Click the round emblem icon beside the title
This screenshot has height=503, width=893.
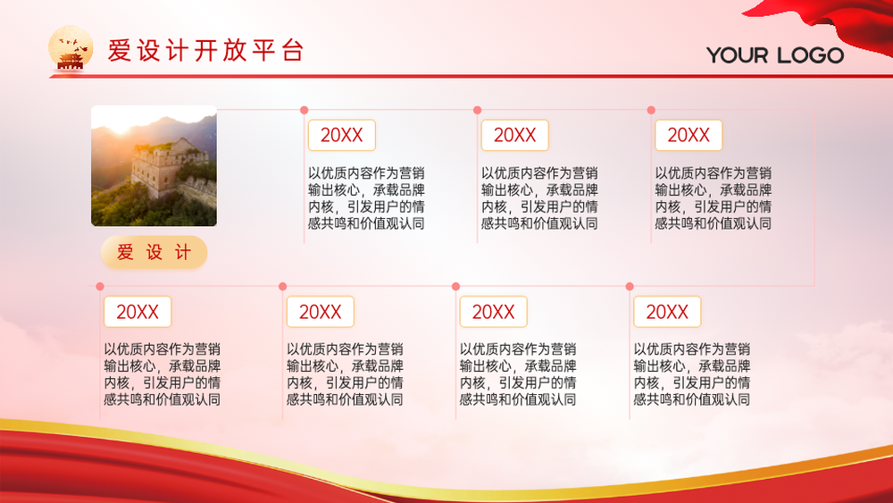tap(71, 48)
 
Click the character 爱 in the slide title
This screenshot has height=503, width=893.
tap(120, 50)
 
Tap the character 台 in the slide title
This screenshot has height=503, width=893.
tap(292, 50)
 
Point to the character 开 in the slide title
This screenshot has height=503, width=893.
tap(205, 50)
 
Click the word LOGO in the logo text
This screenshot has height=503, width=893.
tap(811, 55)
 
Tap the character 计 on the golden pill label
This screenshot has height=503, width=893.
tap(183, 252)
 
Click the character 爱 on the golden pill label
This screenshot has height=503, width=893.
tap(125, 252)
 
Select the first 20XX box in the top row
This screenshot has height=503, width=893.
tap(342, 135)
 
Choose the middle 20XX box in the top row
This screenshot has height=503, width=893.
tap(515, 135)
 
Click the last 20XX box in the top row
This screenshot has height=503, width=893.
tap(689, 135)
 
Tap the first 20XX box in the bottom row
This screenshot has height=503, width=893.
tap(138, 312)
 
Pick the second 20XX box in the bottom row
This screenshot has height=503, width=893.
tap(320, 312)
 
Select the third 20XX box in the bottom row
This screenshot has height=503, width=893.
tap(493, 312)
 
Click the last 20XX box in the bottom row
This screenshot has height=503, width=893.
tap(667, 312)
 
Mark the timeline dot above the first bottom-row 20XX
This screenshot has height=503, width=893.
tap(100, 287)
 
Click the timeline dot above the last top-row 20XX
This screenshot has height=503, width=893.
tap(651, 110)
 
